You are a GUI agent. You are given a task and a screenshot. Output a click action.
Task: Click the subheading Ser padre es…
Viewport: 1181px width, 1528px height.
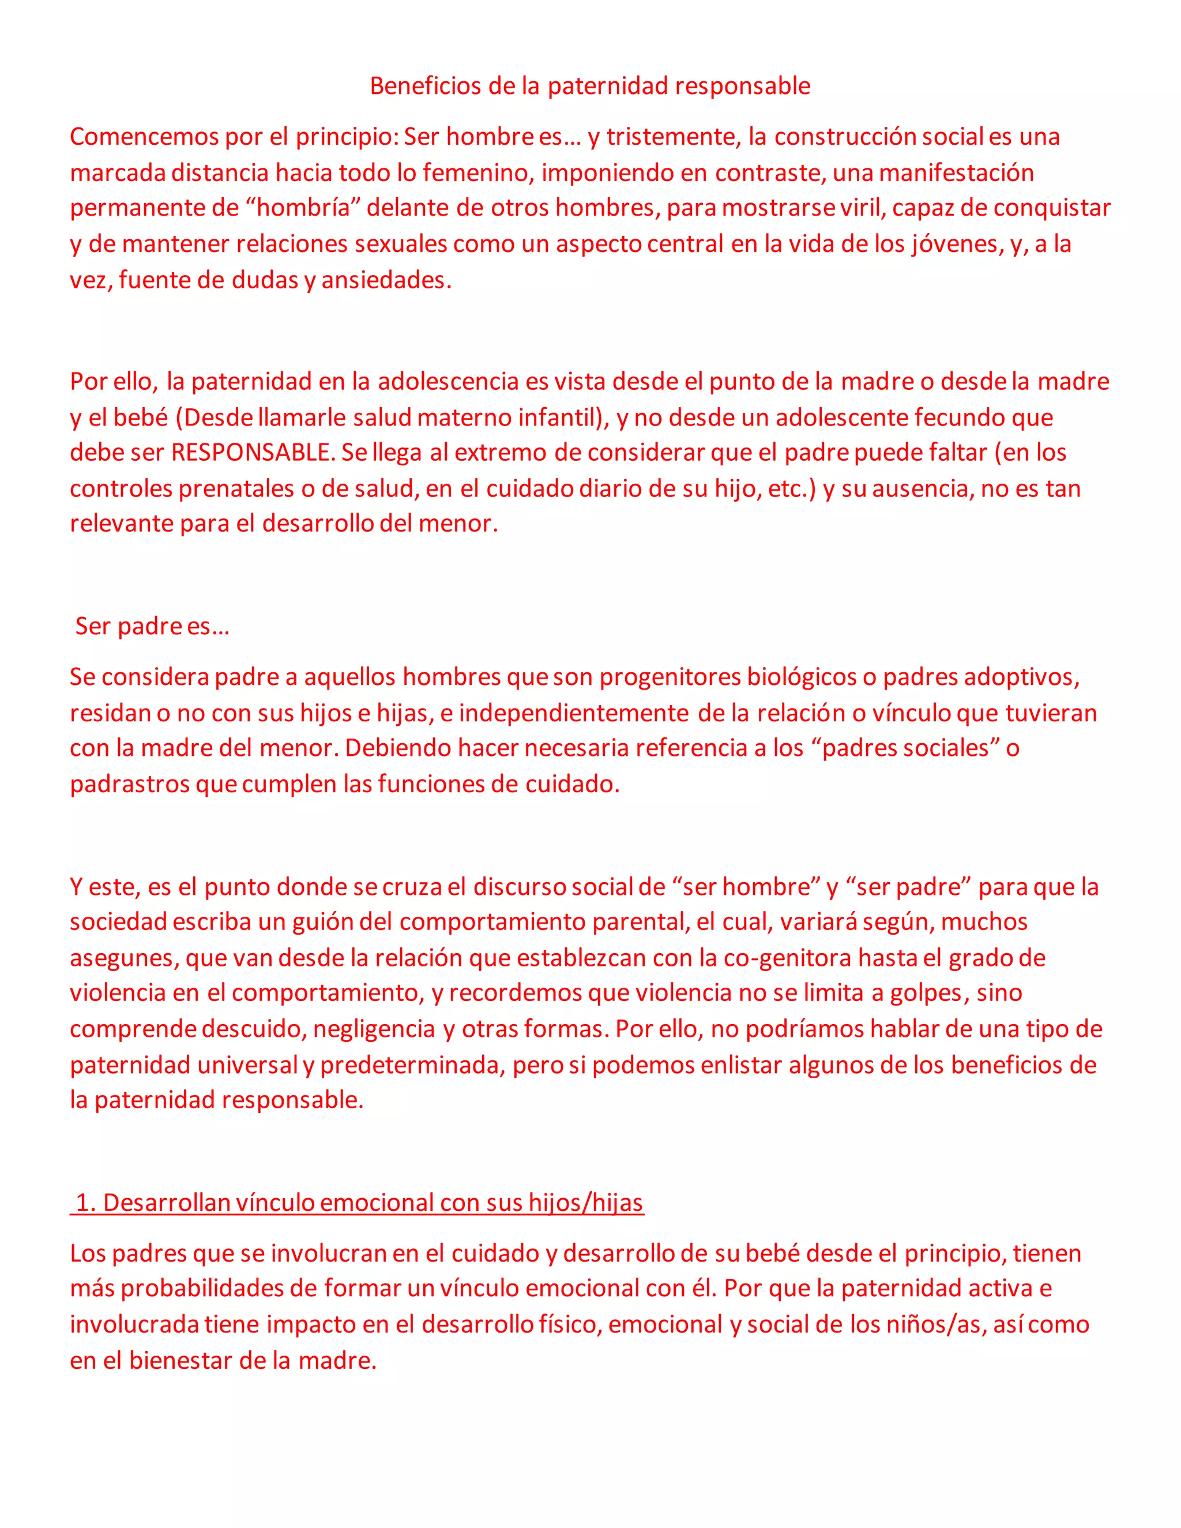point(152,626)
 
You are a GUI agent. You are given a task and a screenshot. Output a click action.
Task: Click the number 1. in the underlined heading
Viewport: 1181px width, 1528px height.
point(85,1203)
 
